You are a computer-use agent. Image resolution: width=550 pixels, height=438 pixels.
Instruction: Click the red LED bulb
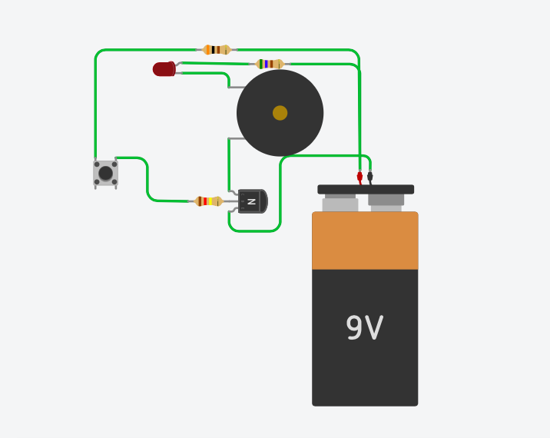point(164,69)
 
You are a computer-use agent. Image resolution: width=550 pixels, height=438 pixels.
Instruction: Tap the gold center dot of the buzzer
point(280,113)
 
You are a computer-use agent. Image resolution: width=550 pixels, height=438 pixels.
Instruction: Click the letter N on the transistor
point(251,201)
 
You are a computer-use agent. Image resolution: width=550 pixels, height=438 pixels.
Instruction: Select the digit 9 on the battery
point(354,329)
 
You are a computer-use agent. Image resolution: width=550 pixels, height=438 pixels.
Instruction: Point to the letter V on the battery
point(374,329)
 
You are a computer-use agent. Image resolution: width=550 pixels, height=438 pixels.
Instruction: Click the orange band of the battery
point(365,241)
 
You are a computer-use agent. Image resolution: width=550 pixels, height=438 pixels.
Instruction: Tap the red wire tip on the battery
point(359,177)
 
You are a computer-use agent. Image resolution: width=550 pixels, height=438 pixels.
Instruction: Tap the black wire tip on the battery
point(369,177)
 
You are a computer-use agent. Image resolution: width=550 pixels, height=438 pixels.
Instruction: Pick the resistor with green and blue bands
point(270,64)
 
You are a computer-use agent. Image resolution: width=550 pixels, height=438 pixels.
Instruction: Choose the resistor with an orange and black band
point(217,50)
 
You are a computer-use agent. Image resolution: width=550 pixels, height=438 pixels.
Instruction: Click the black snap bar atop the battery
point(366,189)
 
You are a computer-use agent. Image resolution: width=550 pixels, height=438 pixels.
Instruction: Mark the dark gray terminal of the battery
point(386,200)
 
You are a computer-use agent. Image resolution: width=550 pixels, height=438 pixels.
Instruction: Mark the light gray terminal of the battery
point(340,204)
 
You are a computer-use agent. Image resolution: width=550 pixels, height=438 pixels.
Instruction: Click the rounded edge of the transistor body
point(263,201)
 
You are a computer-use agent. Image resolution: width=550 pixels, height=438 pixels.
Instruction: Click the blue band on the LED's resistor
point(266,64)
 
